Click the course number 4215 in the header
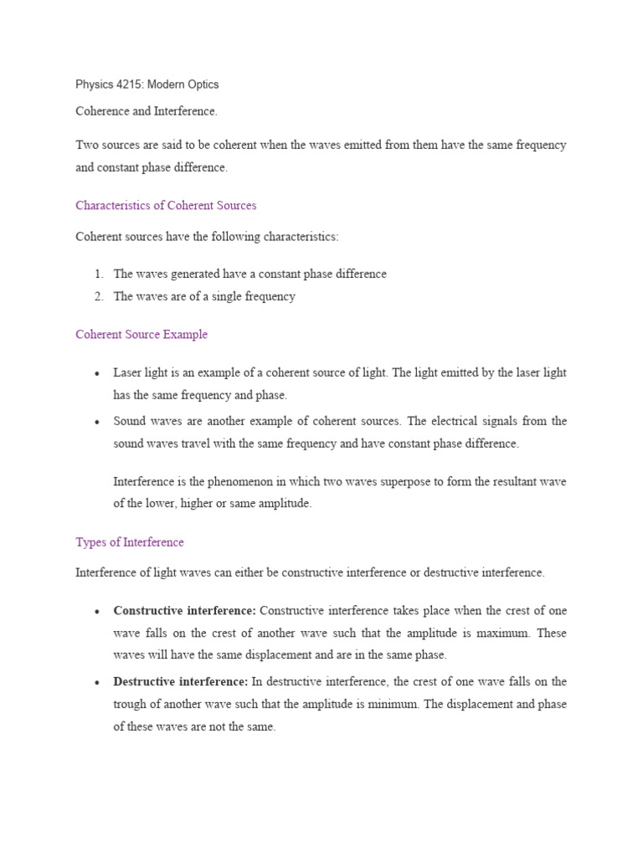tap(133, 85)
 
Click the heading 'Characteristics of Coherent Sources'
tap(166, 205)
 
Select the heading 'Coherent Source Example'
tap(141, 335)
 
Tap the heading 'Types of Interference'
tap(130, 542)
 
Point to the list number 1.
tap(98, 274)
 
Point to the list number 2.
tap(98, 296)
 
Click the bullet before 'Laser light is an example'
tap(98, 373)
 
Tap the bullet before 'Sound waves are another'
tap(98, 422)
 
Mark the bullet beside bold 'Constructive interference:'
tap(98, 612)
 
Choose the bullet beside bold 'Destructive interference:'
tap(98, 683)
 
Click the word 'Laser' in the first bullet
tap(128, 372)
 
